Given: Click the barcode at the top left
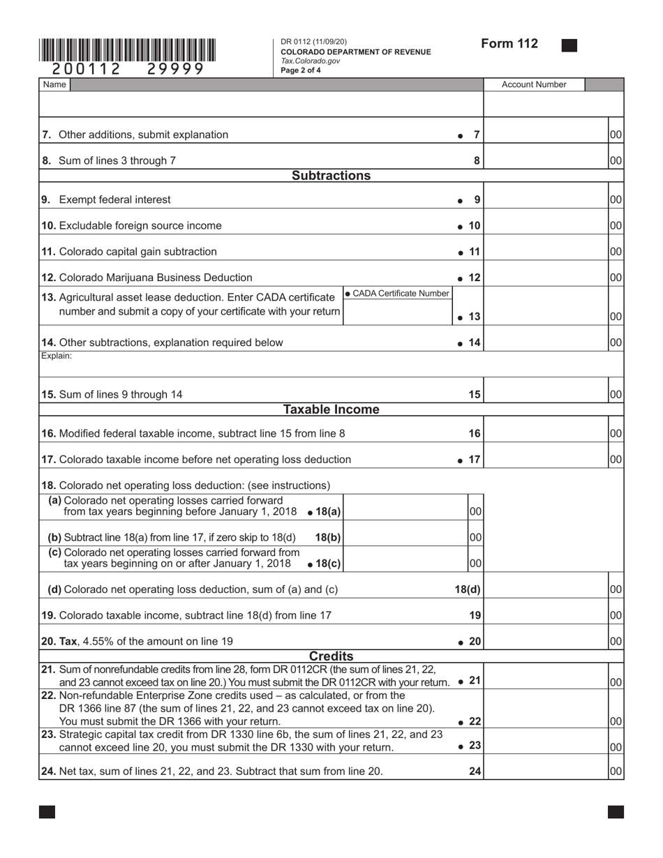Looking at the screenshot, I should tap(127, 50).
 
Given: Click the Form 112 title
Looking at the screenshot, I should tap(509, 44).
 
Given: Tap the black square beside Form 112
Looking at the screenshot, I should tap(569, 46).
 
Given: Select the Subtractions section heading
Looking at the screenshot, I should tap(331, 176).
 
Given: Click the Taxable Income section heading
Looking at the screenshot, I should tap(331, 409).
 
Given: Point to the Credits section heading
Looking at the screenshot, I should tap(331, 656).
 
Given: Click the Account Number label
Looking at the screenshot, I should tap(534, 85).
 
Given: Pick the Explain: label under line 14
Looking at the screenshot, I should tap(57, 356).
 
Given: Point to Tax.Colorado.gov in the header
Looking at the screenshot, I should tap(311, 61).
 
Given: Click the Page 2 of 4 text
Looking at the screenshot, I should tap(301, 70).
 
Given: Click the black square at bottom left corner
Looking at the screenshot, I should tap(47, 812).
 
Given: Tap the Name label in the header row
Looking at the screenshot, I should tap(54, 85).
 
